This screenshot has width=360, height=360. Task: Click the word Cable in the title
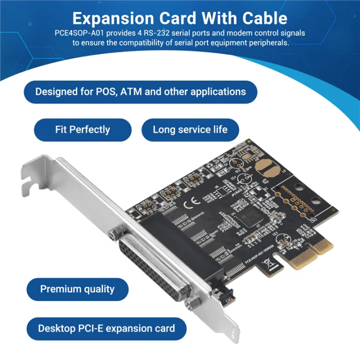(x=258, y=18)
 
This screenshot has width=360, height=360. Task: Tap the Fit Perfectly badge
(x=82, y=129)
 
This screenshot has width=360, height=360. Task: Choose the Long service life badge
(x=190, y=129)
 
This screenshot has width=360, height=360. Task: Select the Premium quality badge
(x=77, y=289)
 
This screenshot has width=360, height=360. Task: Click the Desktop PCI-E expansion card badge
(x=106, y=328)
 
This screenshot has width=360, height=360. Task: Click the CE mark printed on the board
(x=192, y=203)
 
